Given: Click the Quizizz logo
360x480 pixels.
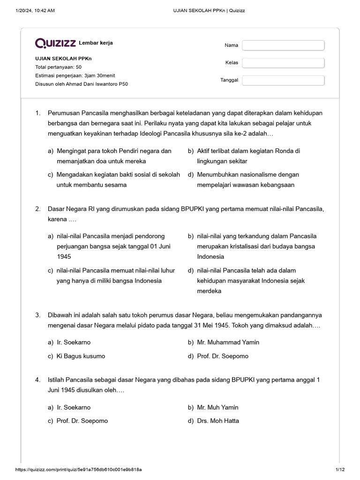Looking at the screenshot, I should coord(56,43).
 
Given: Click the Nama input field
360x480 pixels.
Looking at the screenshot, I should coord(283,45).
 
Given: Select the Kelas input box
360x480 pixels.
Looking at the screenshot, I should coord(283,63).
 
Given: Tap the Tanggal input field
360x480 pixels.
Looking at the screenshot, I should coord(283,80).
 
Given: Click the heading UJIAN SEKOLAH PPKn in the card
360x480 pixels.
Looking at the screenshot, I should coord(63,59).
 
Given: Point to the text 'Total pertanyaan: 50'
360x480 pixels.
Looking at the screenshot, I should coord(58,67).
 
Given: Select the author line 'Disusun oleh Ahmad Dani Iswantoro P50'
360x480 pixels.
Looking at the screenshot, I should coord(81,84).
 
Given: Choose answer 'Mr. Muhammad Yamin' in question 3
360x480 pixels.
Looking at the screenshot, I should coord(228,342).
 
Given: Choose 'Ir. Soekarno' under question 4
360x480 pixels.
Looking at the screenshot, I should coord(74,407).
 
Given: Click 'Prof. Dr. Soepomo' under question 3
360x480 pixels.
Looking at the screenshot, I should coord(223,356).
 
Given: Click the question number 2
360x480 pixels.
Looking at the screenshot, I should coord(37,209).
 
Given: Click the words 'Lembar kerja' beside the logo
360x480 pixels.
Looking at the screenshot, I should coord(96,43).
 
